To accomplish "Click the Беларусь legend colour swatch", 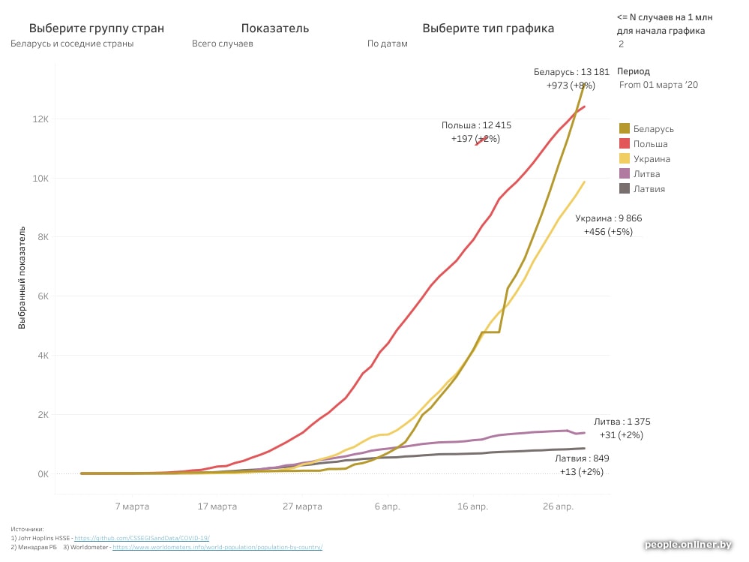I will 625,129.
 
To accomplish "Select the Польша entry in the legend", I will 650,144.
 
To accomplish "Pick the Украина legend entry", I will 652,159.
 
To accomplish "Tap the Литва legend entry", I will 646,174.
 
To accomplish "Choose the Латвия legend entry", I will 649,189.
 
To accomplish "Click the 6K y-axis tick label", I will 42,296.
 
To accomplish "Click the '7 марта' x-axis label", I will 132,506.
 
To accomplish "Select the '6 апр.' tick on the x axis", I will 387,506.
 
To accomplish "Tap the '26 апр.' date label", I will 557,506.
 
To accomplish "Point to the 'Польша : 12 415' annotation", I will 476,125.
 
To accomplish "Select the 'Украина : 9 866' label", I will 608,218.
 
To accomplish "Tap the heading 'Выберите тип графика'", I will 488,29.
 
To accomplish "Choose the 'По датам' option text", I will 388,44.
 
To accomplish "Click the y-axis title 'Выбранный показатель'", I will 23,278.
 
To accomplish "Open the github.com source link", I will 142,538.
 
